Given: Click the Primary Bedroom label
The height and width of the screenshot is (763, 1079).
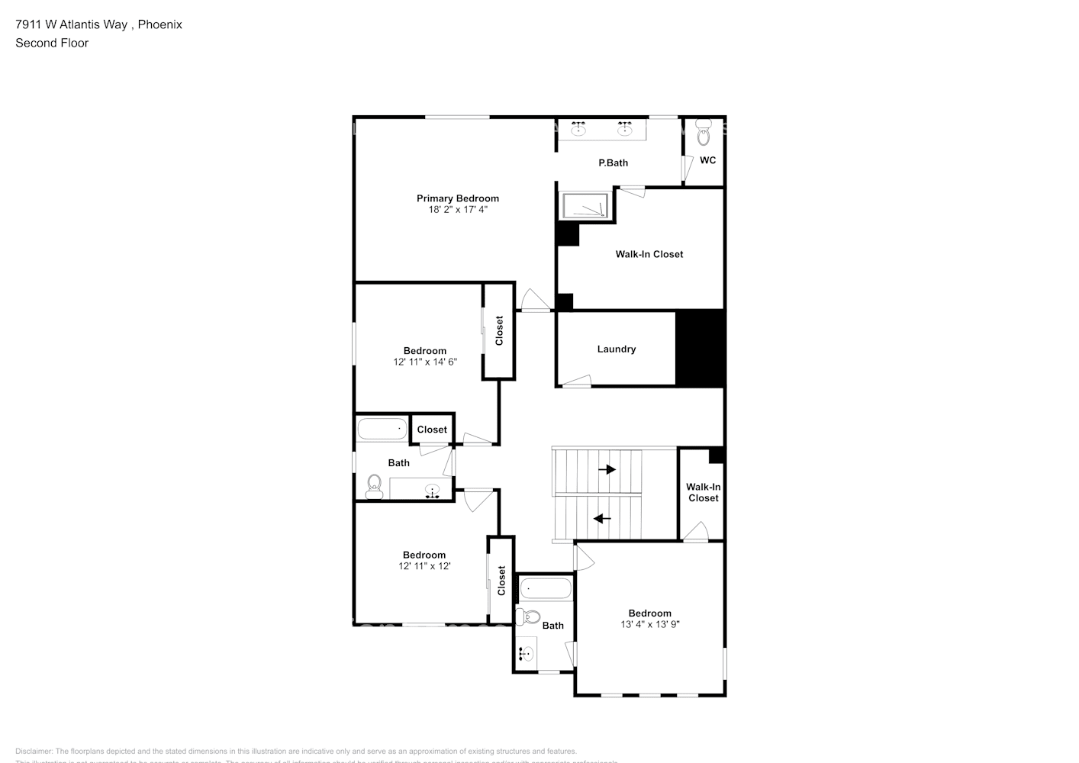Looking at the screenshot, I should (457, 198).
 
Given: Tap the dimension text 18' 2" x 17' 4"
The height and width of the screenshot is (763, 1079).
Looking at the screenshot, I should (457, 209).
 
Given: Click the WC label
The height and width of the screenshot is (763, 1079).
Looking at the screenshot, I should (707, 160).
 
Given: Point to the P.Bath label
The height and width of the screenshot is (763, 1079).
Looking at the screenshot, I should (613, 163).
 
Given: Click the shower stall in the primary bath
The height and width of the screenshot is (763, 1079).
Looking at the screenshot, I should (585, 206).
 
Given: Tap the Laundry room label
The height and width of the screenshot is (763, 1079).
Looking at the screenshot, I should (616, 349).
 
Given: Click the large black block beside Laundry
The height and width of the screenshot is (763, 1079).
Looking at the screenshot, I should (700, 348).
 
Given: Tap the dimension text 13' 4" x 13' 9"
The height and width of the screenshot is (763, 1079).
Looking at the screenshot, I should (649, 624).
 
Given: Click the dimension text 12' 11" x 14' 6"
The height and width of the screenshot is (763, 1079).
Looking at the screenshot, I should (424, 362).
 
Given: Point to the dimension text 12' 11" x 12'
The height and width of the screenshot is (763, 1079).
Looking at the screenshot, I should (424, 566).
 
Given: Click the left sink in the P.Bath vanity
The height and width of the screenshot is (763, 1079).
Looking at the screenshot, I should (579, 128).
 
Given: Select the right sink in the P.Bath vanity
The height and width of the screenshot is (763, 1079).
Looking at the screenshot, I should (625, 128).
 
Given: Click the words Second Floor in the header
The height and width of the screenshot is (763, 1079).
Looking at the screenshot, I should (52, 43).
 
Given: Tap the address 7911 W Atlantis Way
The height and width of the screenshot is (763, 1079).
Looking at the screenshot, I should (72, 24).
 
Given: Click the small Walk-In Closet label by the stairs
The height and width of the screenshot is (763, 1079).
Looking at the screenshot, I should (703, 492).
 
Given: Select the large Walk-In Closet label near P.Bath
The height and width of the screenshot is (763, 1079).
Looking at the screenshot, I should (649, 254).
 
